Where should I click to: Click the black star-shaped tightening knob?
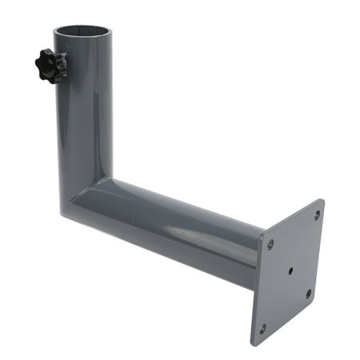coord(50,64)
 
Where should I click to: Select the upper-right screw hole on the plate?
coord(317,215)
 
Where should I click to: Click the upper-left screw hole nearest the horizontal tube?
coord(270,244)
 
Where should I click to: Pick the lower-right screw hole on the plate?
coord(308,294)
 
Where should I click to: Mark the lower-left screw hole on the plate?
coord(262,327)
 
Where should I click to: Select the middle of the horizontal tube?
coord(176,232)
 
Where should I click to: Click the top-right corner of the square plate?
coord(322,201)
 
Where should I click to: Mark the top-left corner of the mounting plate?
coord(264,234)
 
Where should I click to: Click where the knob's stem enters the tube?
coord(62,66)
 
